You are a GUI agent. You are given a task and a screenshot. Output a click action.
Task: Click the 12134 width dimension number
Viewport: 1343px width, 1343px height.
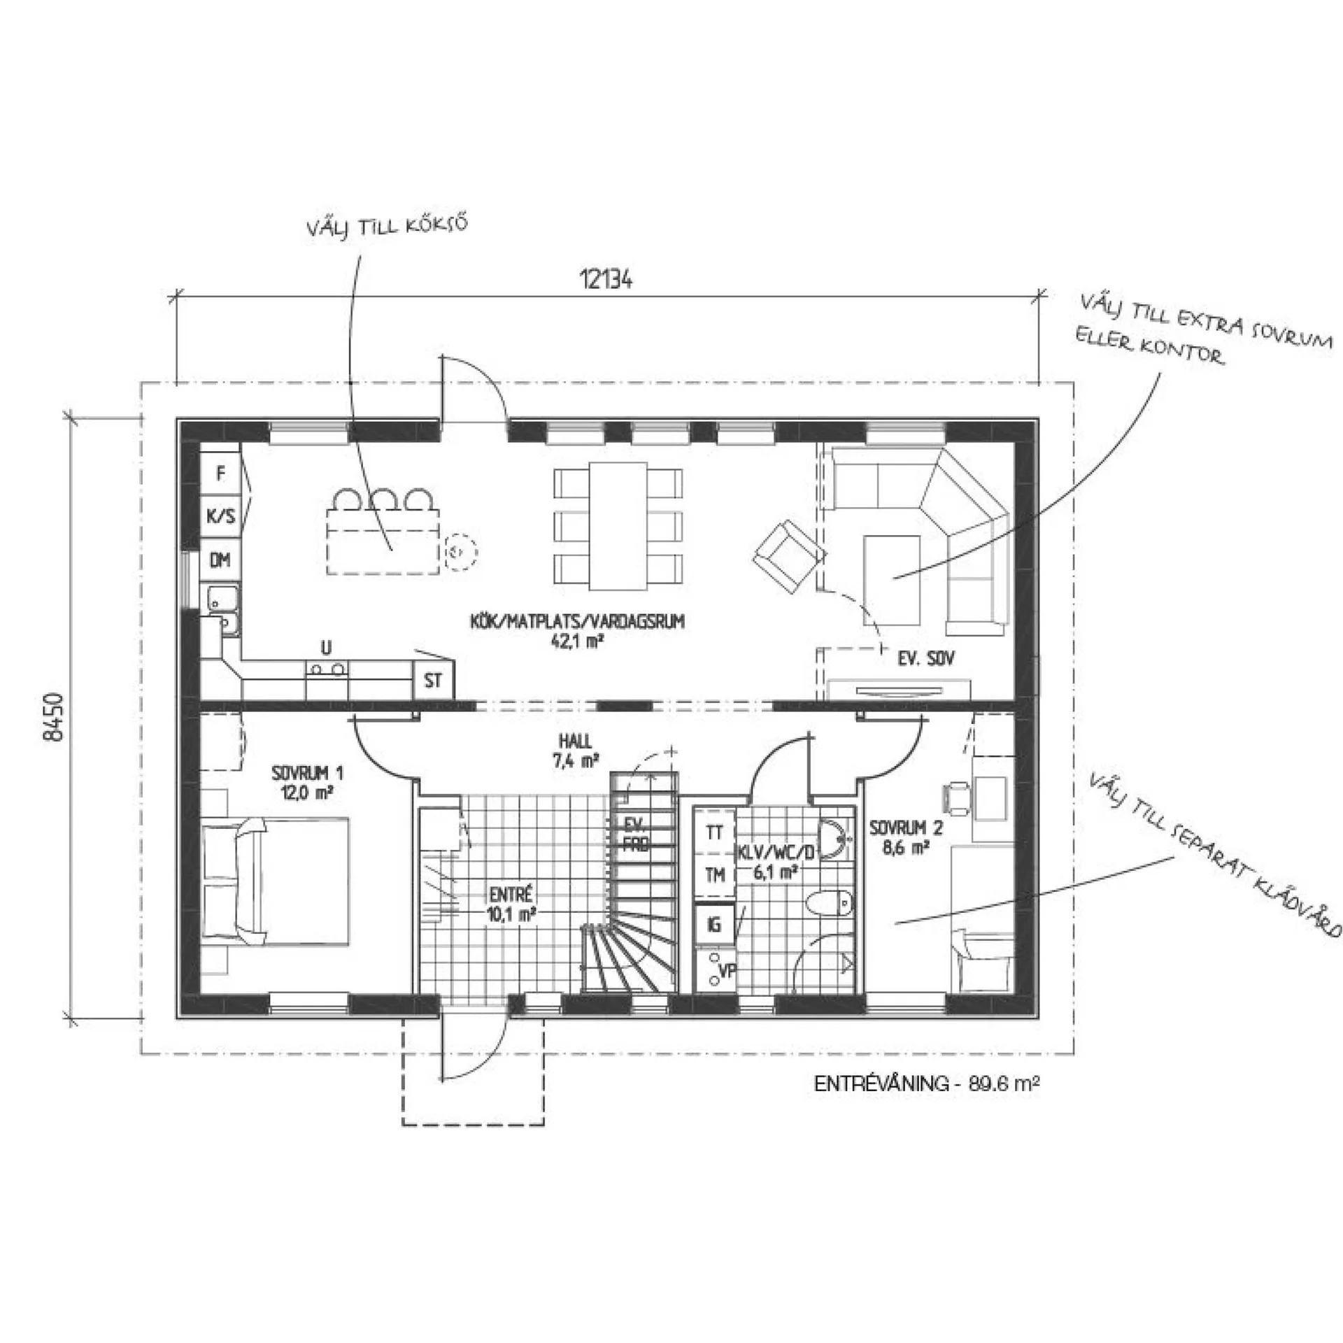[x=606, y=280]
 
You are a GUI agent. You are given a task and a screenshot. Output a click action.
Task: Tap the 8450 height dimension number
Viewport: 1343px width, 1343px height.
[x=54, y=717]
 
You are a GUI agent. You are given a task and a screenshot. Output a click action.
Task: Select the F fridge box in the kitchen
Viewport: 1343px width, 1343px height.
[x=221, y=474]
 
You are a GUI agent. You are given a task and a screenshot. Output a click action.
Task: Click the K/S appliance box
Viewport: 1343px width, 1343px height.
[x=220, y=517]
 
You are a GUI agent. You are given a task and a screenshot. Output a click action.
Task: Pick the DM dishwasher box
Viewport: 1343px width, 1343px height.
[x=220, y=560]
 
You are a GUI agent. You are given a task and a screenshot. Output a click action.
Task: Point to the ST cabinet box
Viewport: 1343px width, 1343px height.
[x=434, y=680]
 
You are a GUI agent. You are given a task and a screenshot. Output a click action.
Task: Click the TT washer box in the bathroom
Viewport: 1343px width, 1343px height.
[x=715, y=832]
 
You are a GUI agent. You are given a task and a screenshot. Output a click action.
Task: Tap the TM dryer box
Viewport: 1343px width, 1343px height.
[x=715, y=874]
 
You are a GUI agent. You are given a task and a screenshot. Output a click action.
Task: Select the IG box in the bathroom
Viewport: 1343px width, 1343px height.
[x=714, y=925]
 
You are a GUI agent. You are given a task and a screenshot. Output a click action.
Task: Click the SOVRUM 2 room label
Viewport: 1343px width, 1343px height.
[x=906, y=838]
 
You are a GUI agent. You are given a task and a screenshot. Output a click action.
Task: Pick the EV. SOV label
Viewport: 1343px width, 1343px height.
[x=926, y=658]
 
